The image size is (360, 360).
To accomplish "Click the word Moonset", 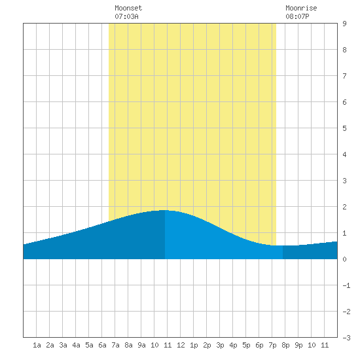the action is (x=128, y=8).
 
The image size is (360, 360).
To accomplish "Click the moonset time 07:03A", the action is (x=126, y=16).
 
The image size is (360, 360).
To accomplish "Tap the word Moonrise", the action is (x=301, y=8).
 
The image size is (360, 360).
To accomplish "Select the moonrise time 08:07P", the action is (x=297, y=16).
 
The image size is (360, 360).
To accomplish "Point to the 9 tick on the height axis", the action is (x=344, y=24).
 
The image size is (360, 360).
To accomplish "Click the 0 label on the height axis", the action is (x=344, y=259).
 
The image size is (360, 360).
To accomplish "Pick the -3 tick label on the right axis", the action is (x=346, y=338).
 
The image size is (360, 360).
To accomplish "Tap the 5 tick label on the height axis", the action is (x=344, y=128).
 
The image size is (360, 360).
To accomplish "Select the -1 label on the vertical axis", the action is (x=346, y=285).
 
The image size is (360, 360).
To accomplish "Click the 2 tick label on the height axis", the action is (x=344, y=207).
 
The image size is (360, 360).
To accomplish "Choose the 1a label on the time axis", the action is (x=37, y=345).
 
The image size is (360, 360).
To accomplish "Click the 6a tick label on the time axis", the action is (x=102, y=345).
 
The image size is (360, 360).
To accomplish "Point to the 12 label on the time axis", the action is (x=181, y=345).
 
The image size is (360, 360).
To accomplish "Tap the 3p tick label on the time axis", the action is (x=220, y=345).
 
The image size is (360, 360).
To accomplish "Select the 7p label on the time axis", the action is (x=272, y=345).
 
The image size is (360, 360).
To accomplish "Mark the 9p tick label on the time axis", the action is (x=298, y=345).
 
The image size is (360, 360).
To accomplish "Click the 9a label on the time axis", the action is (x=141, y=345).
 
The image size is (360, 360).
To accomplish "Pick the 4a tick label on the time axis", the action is (x=76, y=345).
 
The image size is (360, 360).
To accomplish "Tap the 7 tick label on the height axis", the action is (x=344, y=76).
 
